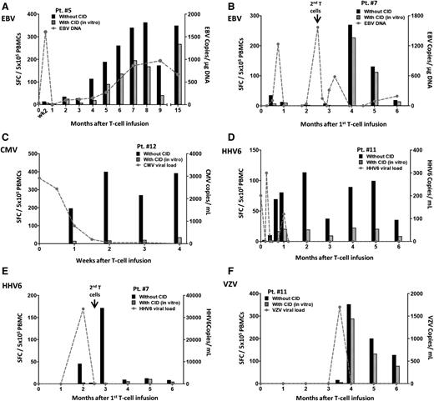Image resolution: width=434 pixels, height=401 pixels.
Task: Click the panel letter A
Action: click(5, 7)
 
